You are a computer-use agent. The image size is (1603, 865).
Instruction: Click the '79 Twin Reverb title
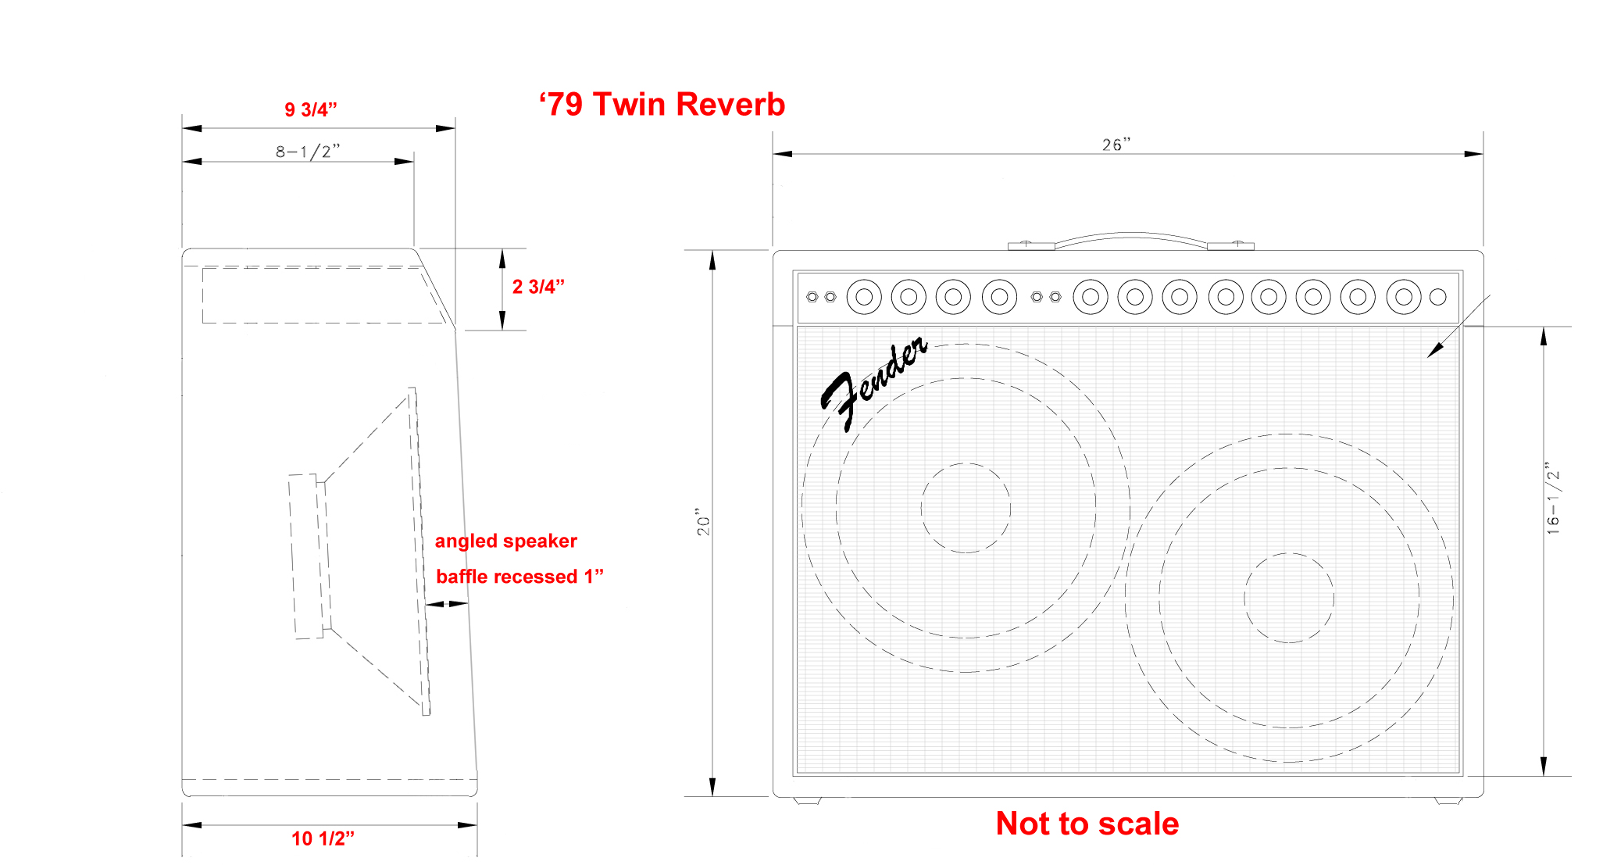pos(662,105)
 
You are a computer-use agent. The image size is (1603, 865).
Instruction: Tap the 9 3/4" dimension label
pos(310,109)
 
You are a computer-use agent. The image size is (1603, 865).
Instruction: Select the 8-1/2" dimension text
pos(308,152)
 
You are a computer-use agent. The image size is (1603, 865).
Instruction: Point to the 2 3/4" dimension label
pos(538,287)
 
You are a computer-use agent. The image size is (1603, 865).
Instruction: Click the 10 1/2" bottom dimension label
pos(323,838)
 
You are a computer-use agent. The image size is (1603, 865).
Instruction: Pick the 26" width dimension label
pos(1116,145)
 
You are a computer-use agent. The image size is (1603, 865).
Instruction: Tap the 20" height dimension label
pos(703,524)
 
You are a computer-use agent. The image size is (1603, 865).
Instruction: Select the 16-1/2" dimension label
pos(1552,499)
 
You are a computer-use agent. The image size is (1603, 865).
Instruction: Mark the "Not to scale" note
pos(1087,824)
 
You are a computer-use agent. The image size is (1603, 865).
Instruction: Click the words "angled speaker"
pos(505,541)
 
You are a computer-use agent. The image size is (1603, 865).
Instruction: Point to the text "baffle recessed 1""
pos(519,577)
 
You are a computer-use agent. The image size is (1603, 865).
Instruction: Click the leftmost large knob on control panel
pos(864,297)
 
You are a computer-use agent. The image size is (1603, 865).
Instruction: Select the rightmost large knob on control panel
pos(1403,297)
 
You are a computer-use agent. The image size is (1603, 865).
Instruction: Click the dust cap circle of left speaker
pos(966,508)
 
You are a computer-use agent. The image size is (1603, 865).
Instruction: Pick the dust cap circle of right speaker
pos(1288,598)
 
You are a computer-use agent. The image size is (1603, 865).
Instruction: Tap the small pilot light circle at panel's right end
pos(1437,297)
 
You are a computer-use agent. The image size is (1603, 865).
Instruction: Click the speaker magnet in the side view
pos(305,556)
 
